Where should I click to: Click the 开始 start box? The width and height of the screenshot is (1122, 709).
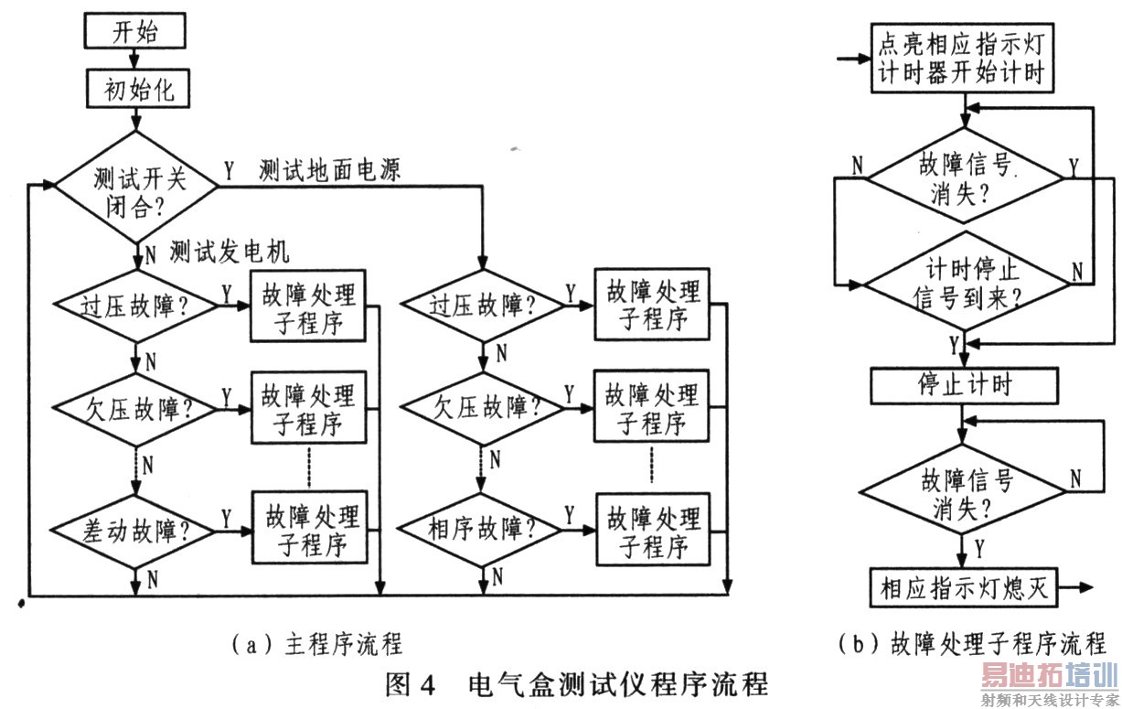134,34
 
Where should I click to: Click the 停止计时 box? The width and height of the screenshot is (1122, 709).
964,383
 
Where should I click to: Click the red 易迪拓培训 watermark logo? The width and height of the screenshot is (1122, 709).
1050,678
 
